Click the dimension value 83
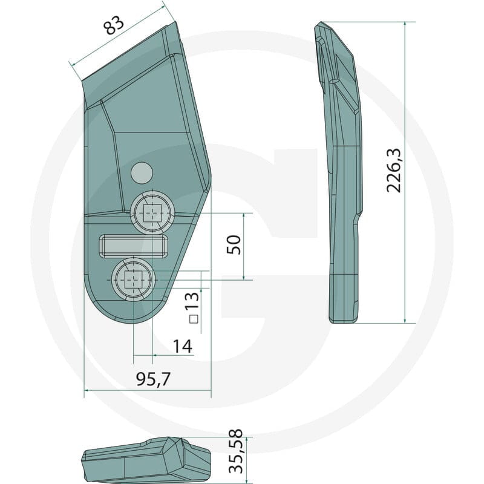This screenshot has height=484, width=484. point(114,25)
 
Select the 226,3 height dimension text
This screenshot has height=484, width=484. point(394,171)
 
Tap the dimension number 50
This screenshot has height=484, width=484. point(234,244)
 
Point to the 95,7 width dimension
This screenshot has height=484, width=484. point(154,379)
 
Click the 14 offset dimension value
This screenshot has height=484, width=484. point(183,346)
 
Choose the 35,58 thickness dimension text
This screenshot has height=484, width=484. point(236,451)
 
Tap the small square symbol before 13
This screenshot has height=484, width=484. point(194,319)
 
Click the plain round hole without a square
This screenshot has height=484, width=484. point(142,172)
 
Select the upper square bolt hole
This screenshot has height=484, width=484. point(153,213)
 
